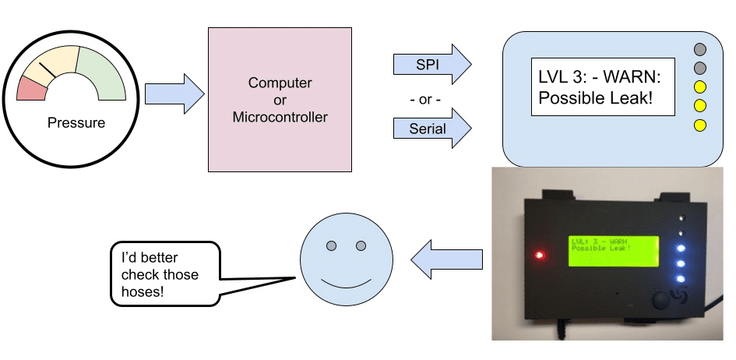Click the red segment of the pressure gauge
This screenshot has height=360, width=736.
pos(32,89)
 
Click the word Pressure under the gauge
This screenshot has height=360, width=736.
pos(76,122)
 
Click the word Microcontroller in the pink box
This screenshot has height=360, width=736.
pos(280,118)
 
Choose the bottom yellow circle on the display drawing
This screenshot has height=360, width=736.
pos(699,125)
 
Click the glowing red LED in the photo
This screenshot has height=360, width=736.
pos(537,255)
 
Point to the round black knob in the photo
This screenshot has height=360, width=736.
pos(664,301)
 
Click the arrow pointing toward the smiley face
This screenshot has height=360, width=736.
pos(445,257)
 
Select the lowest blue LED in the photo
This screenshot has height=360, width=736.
pos(680,279)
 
